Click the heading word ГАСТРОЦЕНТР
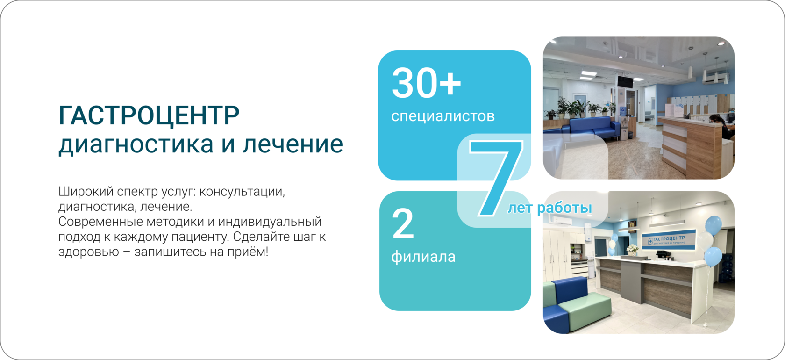pos(149,115)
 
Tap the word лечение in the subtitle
pos(293,144)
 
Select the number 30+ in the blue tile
pos(427,83)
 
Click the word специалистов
pos(443,116)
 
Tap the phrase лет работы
pos(550,208)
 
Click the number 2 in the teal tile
pos(403,223)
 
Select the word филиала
pos(423,257)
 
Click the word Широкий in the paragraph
pos(86,192)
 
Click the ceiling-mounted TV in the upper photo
pos(625,82)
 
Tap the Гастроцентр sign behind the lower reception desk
pos(668,240)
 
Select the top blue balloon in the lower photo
pos(713,225)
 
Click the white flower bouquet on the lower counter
pos(632,249)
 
